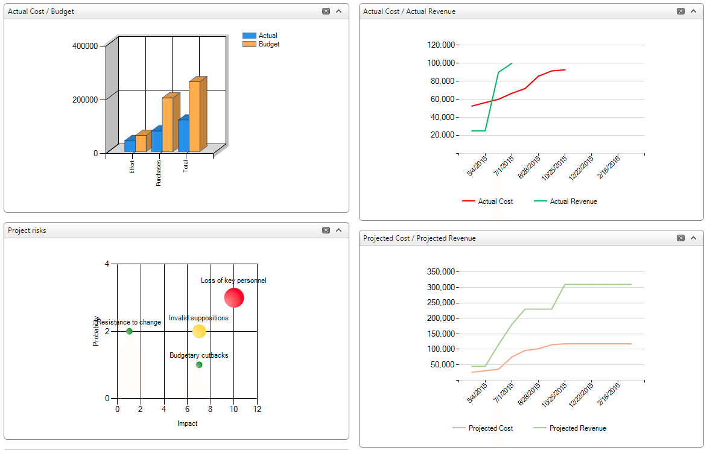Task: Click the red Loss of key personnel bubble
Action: (x=234, y=297)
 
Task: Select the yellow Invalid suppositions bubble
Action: (x=199, y=331)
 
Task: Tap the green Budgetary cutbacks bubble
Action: (x=199, y=364)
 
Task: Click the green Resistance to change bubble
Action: (x=129, y=331)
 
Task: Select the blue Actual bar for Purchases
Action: (x=156, y=141)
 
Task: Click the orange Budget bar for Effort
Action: (x=141, y=144)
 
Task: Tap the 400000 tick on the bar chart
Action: (x=84, y=46)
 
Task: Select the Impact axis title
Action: (x=187, y=423)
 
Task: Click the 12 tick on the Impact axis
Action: (x=257, y=409)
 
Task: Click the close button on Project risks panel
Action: (x=326, y=230)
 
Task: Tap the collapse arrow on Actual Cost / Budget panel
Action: (x=338, y=11)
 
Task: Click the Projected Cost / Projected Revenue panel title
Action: (x=419, y=238)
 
